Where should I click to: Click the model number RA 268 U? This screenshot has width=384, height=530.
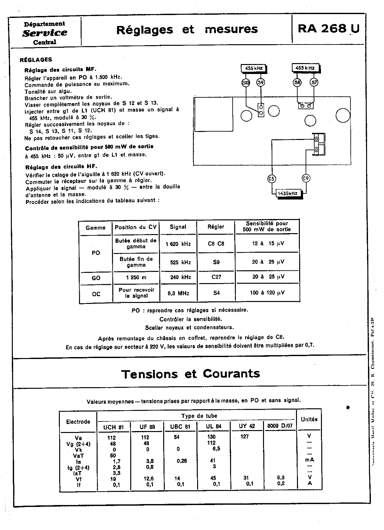pos(329,29)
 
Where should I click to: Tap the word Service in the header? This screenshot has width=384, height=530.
pos(45,33)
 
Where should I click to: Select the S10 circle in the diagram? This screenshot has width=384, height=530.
pos(245,83)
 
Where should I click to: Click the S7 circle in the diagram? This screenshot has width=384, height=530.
pos(314,83)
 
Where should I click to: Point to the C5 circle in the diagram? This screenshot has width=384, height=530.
pos(272,179)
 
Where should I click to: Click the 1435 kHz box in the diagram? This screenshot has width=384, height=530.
pos(288,193)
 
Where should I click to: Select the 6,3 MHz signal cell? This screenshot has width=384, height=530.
pos(178,293)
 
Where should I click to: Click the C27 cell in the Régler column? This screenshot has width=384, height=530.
pos(216,277)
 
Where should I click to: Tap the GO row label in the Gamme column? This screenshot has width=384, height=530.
pos(96,278)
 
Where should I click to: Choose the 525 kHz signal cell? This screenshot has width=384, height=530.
pos(178,262)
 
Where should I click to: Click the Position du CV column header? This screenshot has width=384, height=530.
pos(136,227)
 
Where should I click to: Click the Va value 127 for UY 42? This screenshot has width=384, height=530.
pos(244,436)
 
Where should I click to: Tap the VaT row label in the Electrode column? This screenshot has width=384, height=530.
pos(78,456)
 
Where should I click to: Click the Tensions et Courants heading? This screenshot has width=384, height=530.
pos(191,374)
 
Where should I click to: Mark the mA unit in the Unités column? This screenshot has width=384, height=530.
pos(309,460)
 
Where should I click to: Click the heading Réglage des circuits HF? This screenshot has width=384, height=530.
pos(61,167)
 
